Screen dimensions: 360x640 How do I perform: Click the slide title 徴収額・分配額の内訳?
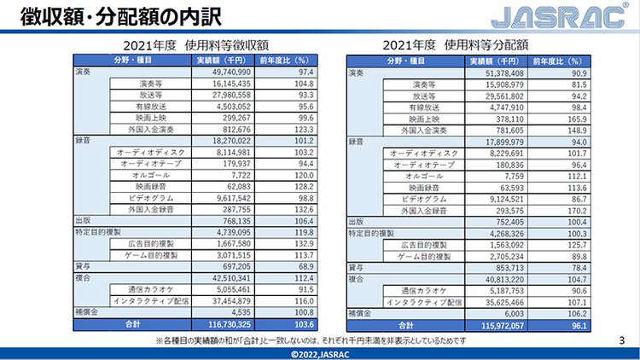[102, 17]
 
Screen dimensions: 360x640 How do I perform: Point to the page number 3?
[620, 340]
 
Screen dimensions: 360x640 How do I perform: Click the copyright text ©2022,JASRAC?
[320, 353]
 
